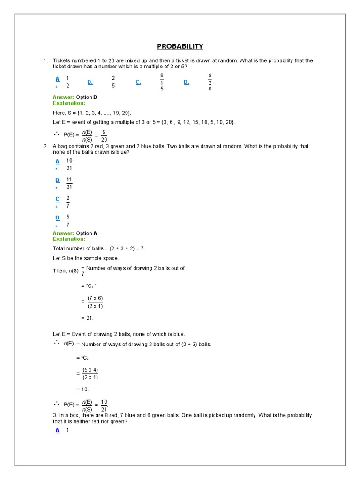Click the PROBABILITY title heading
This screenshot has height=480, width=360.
tap(180, 46)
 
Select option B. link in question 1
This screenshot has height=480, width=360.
tap(90, 82)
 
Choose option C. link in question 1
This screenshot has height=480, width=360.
tap(138, 82)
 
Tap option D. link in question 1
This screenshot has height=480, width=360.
tap(186, 82)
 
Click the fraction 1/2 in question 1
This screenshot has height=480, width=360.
tap(67, 82)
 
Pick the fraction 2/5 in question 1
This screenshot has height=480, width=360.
tap(113, 82)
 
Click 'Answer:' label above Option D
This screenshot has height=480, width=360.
tap(63, 97)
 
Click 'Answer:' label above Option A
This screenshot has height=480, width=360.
tap(63, 233)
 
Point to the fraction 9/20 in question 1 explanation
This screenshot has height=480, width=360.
tap(104, 135)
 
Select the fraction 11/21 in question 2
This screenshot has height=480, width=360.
tap(69, 183)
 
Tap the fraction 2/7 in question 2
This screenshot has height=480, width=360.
tap(68, 202)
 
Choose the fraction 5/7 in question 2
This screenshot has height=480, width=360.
tap(68, 221)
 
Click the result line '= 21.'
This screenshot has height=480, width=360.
tap(87, 318)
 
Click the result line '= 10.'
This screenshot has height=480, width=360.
tap(82, 389)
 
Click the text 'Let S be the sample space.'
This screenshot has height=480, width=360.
tap(86, 258)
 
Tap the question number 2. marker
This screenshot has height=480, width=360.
tap(46, 146)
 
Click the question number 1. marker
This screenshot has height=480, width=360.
tap(46, 61)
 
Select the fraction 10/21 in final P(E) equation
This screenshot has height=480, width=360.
tap(104, 405)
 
